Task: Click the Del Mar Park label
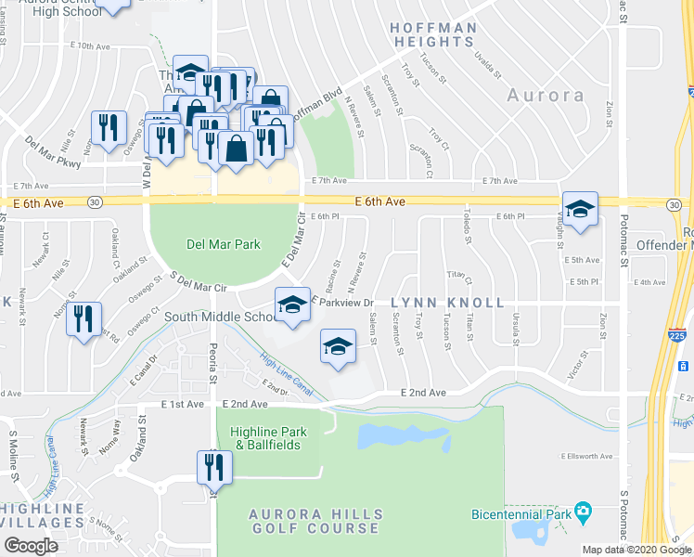tap(224, 245)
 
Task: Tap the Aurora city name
tap(546, 96)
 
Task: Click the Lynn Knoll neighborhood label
tap(447, 303)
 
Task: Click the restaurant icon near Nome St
tap(84, 319)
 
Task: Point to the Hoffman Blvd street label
tap(316, 105)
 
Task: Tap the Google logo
tap(32, 546)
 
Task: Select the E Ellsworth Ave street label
tap(586, 456)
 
